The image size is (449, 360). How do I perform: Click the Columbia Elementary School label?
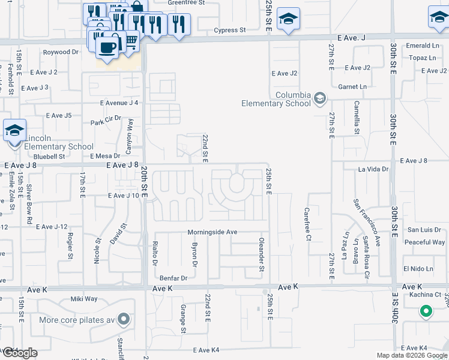click(276, 99)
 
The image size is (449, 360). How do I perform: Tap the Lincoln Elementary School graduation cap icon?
click(14, 130)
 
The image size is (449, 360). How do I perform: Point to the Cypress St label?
click(231, 29)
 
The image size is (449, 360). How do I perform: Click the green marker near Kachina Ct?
click(426, 311)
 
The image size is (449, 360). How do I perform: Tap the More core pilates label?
click(76, 319)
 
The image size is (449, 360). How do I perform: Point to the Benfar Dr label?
click(173, 278)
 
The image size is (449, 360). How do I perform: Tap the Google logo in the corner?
click(19, 353)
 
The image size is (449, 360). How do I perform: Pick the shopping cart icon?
click(131, 41)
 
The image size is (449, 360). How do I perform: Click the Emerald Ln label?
click(418, 46)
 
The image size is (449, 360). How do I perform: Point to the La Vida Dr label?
click(373, 170)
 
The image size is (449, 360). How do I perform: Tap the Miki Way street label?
click(84, 299)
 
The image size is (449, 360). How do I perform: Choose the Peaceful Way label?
click(424, 242)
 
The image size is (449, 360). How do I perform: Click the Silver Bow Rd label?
click(29, 204)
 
